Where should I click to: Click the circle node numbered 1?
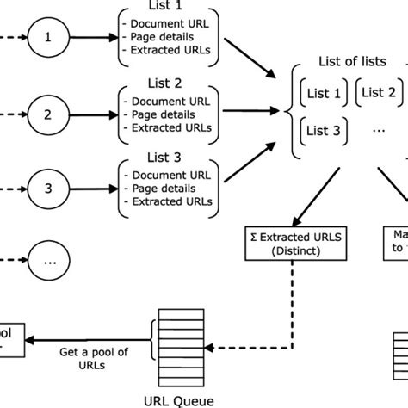tap(48, 39)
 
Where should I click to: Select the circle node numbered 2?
tap(48, 113)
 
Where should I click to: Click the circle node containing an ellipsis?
tap(48, 257)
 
